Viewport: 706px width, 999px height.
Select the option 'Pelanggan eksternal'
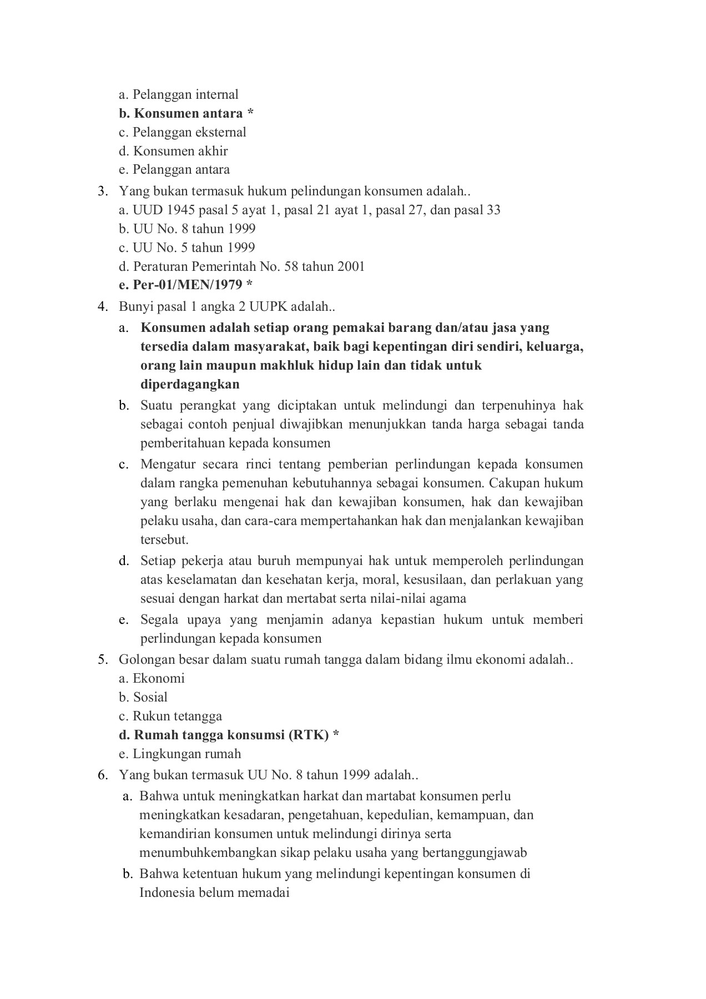(182, 133)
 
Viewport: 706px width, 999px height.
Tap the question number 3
(102, 192)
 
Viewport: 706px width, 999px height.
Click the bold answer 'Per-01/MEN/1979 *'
(185, 285)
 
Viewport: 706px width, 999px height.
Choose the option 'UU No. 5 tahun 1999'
(186, 248)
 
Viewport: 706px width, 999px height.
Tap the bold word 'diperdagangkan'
(190, 385)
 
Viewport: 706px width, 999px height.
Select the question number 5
(102, 660)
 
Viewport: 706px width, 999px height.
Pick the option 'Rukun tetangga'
(170, 717)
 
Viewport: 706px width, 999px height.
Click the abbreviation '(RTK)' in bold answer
(309, 735)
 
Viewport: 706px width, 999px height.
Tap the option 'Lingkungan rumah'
(180, 754)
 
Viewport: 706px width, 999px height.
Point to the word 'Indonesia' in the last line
(167, 893)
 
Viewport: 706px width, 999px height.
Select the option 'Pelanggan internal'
(178, 95)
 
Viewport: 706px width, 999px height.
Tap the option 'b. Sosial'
(143, 698)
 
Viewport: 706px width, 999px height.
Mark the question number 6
(102, 775)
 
